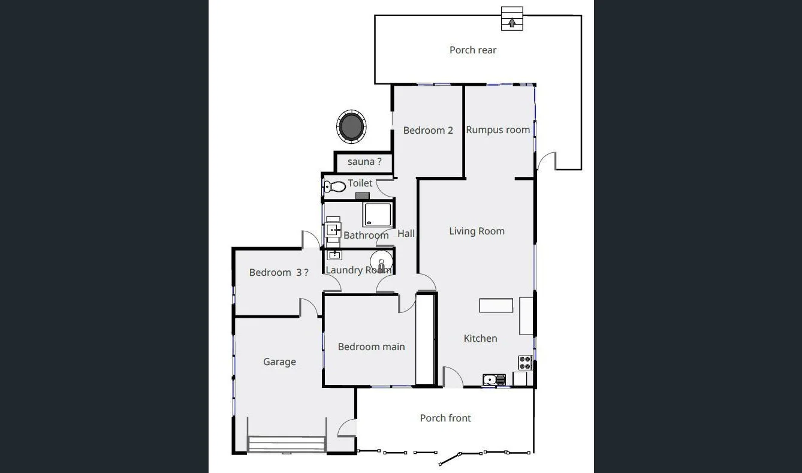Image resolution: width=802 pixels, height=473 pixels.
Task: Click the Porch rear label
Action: (x=473, y=50)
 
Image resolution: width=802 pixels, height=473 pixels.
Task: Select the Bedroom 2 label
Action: (x=428, y=130)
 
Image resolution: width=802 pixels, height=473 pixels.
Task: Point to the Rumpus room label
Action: (x=498, y=129)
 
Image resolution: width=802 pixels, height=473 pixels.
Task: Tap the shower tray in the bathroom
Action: (x=377, y=215)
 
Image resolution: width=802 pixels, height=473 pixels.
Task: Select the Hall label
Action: (x=406, y=234)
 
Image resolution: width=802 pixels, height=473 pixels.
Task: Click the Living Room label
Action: (x=477, y=231)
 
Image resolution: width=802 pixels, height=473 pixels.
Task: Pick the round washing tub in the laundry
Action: (x=381, y=261)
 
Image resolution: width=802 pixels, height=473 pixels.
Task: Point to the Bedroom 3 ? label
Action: (x=279, y=272)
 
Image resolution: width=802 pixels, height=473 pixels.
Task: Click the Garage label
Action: (x=279, y=361)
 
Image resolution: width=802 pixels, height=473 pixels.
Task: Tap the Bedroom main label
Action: (x=371, y=347)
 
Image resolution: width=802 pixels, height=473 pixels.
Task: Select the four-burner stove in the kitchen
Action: (x=525, y=362)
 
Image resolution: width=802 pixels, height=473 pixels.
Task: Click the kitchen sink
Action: (x=494, y=379)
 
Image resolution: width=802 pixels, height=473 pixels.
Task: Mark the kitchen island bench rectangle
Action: (x=496, y=306)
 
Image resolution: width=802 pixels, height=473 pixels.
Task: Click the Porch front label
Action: (x=445, y=418)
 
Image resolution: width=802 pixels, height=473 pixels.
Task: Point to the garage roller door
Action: (x=287, y=444)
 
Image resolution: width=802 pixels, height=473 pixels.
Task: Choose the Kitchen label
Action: (x=480, y=338)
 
